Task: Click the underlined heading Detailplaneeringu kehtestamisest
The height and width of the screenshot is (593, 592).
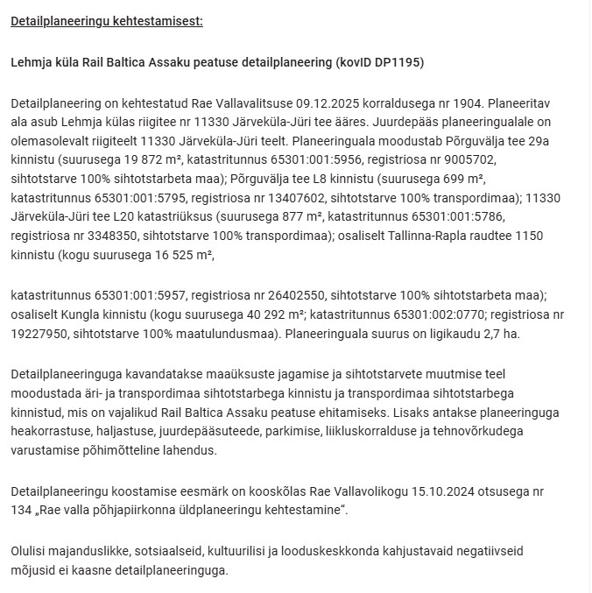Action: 106,20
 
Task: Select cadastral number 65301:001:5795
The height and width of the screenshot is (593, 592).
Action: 153,198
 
